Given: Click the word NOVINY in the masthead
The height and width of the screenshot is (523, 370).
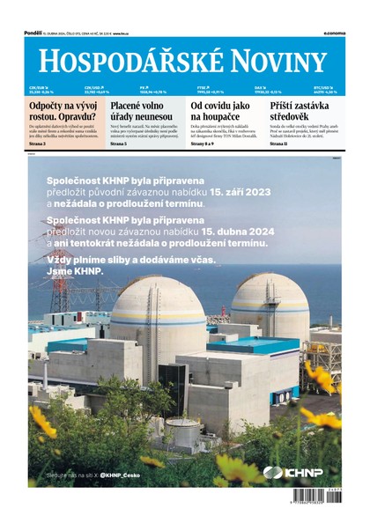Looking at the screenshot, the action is (277, 61).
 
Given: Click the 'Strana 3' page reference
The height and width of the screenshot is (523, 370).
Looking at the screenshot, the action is (38, 143).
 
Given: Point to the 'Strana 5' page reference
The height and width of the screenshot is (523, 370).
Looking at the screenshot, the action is (119, 143).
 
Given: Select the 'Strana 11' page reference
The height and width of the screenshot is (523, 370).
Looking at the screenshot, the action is (279, 143).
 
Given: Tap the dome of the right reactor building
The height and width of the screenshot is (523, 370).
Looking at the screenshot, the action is (270, 291).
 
